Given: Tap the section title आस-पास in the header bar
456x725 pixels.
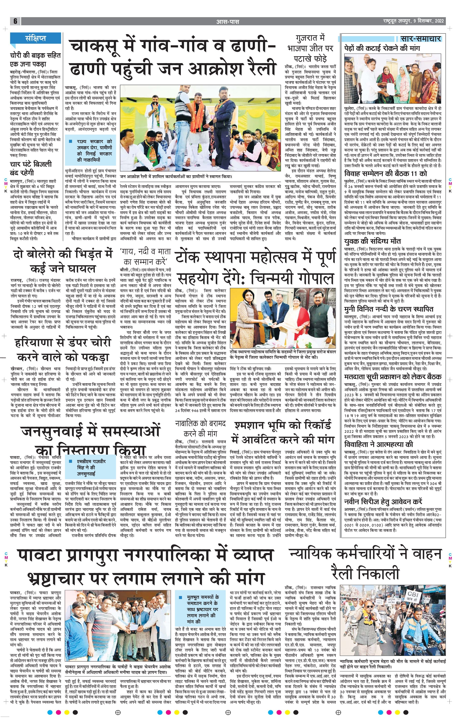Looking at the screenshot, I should (228, 21).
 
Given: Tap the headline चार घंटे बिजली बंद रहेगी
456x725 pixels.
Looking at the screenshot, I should (31, 168).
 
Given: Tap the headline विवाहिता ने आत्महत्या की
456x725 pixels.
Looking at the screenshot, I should (378, 444).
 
